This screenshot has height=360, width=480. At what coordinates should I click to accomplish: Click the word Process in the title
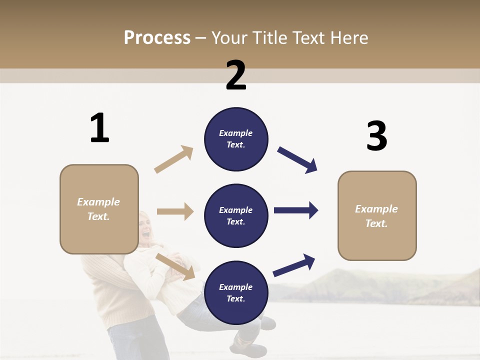coord(157,37)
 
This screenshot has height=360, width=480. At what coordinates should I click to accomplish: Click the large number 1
coord(99,128)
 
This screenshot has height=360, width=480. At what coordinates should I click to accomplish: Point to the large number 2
coord(236,75)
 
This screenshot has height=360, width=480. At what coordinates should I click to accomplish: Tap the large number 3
coord(376,136)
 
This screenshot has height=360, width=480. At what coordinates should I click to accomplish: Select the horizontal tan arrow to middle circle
coord(175,211)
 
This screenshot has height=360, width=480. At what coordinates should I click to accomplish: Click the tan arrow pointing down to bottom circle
coord(175,266)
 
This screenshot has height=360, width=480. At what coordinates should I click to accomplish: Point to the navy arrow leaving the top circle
coord(297,160)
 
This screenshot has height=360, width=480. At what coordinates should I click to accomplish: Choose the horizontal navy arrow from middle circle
coord(296,210)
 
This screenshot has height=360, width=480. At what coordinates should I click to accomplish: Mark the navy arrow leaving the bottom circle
coord(294,265)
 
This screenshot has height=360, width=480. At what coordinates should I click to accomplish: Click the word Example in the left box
coord(98,202)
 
